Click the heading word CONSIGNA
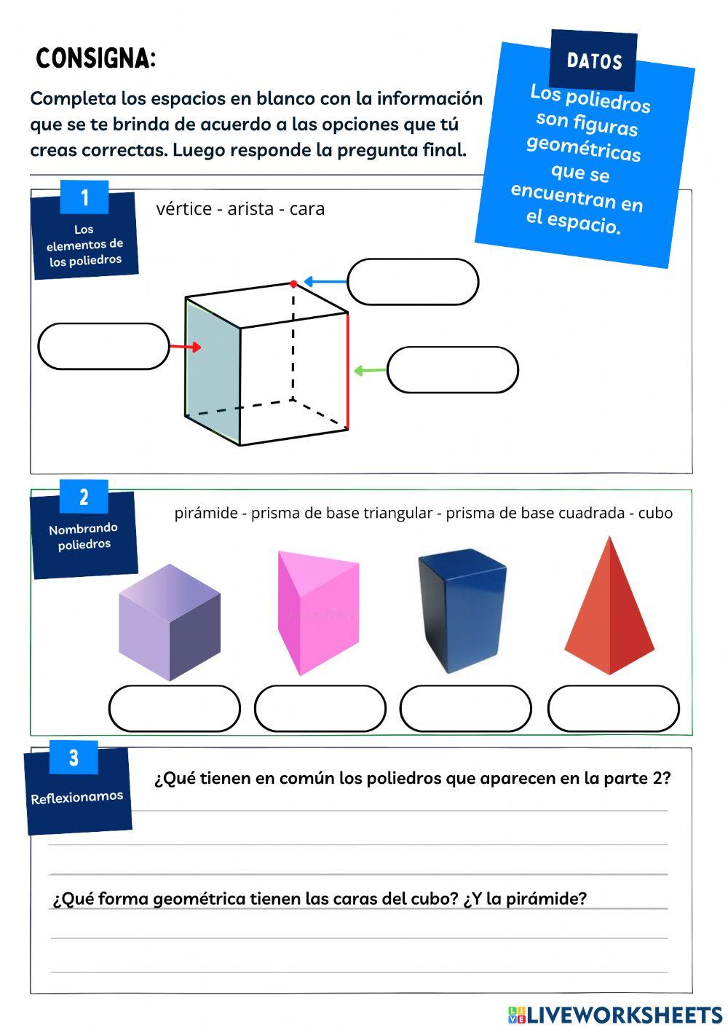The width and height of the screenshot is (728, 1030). tap(95, 58)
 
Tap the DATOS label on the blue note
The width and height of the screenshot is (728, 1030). tap(594, 61)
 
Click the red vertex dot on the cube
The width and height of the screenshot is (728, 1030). tap(293, 283)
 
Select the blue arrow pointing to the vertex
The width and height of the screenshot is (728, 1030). tap(325, 282)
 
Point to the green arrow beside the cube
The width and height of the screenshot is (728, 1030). tap(370, 371)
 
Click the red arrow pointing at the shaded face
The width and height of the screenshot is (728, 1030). tap(185, 347)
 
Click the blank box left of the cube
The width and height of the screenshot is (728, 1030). tap(103, 347)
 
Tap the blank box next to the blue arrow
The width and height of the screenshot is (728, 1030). tap(413, 282)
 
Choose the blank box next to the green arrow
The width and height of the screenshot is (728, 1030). tap(452, 370)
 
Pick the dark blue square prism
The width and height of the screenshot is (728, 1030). tap(462, 610)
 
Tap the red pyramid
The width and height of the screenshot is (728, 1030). tap(609, 609)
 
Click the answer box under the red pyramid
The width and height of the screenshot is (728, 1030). tap(613, 708)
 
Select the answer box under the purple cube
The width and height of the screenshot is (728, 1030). tap(175, 708)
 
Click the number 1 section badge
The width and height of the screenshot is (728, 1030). tap(84, 197)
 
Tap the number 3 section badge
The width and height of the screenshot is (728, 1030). tap(74, 758)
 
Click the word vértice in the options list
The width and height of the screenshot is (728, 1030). tap(183, 209)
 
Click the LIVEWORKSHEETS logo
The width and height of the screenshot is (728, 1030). tap(615, 1015)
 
